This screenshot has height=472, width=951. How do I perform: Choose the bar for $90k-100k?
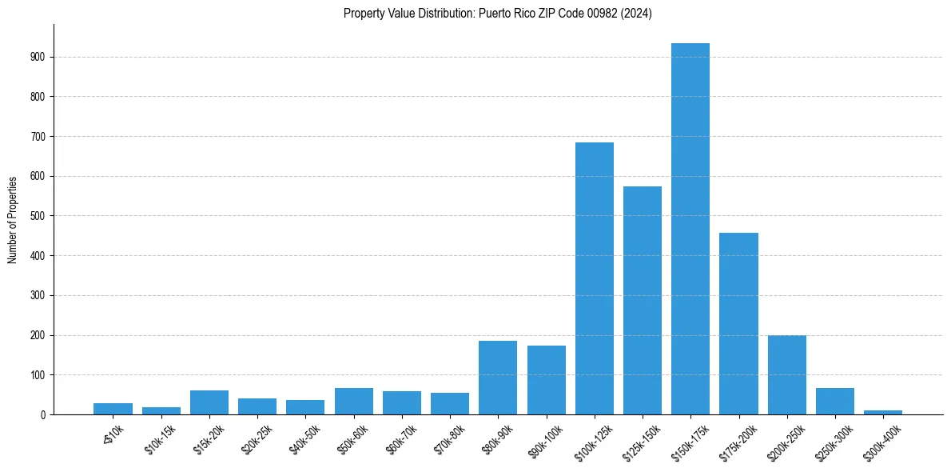click(x=547, y=380)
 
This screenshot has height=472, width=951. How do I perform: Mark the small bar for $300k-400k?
click(x=883, y=412)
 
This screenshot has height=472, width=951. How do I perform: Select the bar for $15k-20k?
click(x=209, y=402)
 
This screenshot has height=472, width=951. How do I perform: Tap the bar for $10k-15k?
click(x=161, y=410)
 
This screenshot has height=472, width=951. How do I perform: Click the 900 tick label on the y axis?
click(x=38, y=57)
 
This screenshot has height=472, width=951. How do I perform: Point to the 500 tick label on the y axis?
click(x=38, y=216)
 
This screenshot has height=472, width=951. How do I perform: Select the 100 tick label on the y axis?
click(x=38, y=374)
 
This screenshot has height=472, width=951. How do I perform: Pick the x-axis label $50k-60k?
click(x=352, y=439)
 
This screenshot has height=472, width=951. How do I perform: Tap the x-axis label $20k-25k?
click(x=256, y=439)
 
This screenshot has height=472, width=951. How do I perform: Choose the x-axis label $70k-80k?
click(x=448, y=439)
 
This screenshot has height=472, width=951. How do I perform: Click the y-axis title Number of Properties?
click(x=13, y=220)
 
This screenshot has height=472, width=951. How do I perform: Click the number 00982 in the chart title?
click(x=601, y=14)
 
